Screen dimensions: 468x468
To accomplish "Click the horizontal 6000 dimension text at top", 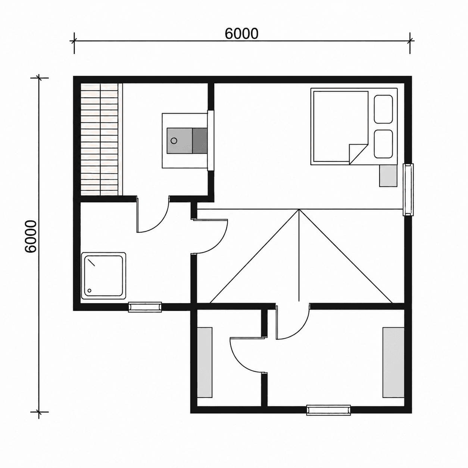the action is (x=241, y=34).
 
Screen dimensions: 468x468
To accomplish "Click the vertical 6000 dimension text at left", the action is (x=31, y=237).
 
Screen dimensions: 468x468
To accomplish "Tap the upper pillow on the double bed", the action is (x=383, y=109).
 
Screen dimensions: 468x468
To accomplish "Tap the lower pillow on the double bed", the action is (x=383, y=144).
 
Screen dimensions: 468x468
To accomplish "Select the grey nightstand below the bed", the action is (x=388, y=176).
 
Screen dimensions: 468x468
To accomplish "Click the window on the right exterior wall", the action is (x=408, y=190).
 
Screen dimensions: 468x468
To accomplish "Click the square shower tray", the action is (x=104, y=276).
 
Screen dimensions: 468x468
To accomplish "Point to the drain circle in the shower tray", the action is (x=89, y=290).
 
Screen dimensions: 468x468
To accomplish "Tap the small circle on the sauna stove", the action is (x=174, y=140).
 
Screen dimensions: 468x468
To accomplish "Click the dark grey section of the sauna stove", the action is (x=200, y=141).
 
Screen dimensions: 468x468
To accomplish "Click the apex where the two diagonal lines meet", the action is (x=299, y=209).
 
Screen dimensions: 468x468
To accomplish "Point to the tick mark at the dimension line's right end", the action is (x=410, y=41).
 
